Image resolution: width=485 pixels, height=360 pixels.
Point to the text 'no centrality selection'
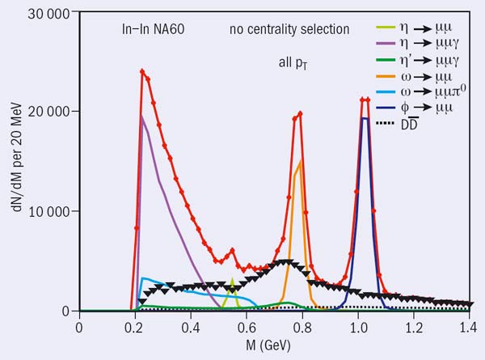[x=278, y=30]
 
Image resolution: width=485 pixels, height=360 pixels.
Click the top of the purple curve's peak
[x=142, y=116]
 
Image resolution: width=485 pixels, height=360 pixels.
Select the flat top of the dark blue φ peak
[x=365, y=118]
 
